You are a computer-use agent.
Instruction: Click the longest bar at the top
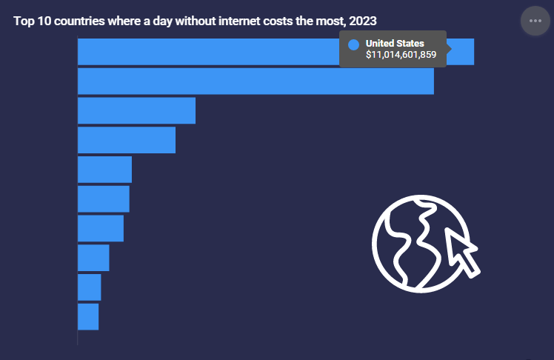coord(207,52)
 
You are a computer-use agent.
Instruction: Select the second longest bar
coord(256,81)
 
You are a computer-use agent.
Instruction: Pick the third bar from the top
coord(136,110)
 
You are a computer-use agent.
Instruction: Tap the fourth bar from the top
coord(127,140)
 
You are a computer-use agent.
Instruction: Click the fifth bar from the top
coord(104,170)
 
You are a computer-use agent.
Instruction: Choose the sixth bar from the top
coord(104,199)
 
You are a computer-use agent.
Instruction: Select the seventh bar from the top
coord(101,228)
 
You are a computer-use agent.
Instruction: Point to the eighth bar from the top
coord(93,258)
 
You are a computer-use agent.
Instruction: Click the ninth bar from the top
coord(90,287)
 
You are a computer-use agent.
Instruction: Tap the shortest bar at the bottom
coord(88,316)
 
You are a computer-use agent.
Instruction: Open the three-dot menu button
coord(535,21)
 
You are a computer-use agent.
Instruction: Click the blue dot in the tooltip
coord(353,44)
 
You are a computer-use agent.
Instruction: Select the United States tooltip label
coord(395,44)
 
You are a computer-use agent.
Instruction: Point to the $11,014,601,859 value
coord(401,55)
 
